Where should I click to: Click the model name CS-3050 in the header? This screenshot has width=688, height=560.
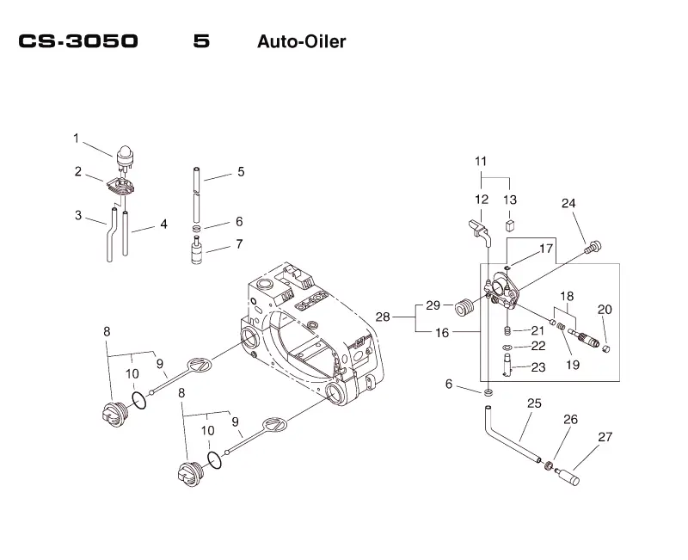(78, 41)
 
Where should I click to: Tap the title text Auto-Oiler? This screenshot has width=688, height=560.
(302, 41)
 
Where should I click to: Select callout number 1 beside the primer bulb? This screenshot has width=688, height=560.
(76, 138)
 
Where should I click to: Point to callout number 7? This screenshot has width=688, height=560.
(239, 244)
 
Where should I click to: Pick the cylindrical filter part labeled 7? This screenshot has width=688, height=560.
(197, 250)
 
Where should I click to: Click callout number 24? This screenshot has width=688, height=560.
(568, 203)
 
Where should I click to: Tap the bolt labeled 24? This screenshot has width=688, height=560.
(593, 247)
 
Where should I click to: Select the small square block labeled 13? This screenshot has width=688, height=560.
(510, 225)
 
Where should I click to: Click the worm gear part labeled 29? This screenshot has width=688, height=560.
(464, 306)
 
